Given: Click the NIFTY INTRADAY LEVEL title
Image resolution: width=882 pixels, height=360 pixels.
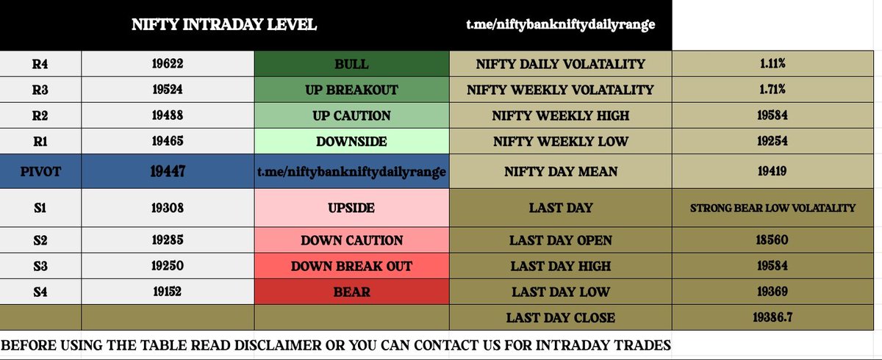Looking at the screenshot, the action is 224,24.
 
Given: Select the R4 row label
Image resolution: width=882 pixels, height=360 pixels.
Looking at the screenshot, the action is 40,64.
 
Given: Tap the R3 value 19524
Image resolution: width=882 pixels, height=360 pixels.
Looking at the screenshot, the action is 168,90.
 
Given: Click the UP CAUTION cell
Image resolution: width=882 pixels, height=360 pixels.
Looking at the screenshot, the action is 351,115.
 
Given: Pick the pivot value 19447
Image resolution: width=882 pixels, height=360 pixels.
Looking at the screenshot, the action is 168,171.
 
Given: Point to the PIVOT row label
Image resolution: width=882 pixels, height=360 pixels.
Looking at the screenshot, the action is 40,171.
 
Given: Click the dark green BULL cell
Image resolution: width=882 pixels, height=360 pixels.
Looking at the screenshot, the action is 351,64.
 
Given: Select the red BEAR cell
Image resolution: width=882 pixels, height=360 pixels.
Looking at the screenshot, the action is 351,292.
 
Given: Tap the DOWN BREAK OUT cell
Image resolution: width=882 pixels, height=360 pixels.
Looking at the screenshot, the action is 351,266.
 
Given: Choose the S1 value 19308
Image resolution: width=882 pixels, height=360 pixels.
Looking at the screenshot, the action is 168,208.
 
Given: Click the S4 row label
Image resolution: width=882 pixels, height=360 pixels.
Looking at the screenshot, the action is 40,292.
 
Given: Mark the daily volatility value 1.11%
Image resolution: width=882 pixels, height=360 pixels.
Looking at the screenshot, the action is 772,63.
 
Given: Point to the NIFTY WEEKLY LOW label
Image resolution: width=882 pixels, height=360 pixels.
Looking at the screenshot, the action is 561,141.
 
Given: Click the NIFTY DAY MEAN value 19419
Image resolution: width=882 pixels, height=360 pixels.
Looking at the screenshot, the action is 772,171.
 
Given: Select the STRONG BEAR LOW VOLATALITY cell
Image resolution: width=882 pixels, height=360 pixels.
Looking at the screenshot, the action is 772,208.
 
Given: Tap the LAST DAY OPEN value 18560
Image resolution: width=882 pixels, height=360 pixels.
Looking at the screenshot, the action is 772,240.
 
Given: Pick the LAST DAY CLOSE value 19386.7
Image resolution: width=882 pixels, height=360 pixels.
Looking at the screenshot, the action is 772,317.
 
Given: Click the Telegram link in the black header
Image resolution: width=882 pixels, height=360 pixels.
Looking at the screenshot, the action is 561,24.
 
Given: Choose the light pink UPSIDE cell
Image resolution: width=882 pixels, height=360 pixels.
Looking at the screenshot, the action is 351,207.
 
